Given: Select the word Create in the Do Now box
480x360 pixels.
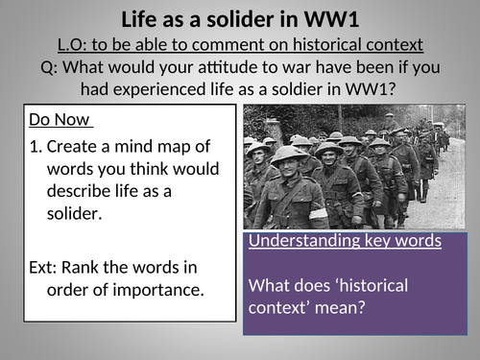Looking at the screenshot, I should click(x=72, y=147).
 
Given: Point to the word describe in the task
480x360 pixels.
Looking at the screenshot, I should click(x=77, y=191).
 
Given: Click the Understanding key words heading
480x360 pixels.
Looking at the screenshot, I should click(x=344, y=241).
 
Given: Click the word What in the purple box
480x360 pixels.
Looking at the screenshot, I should click(x=268, y=286).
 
